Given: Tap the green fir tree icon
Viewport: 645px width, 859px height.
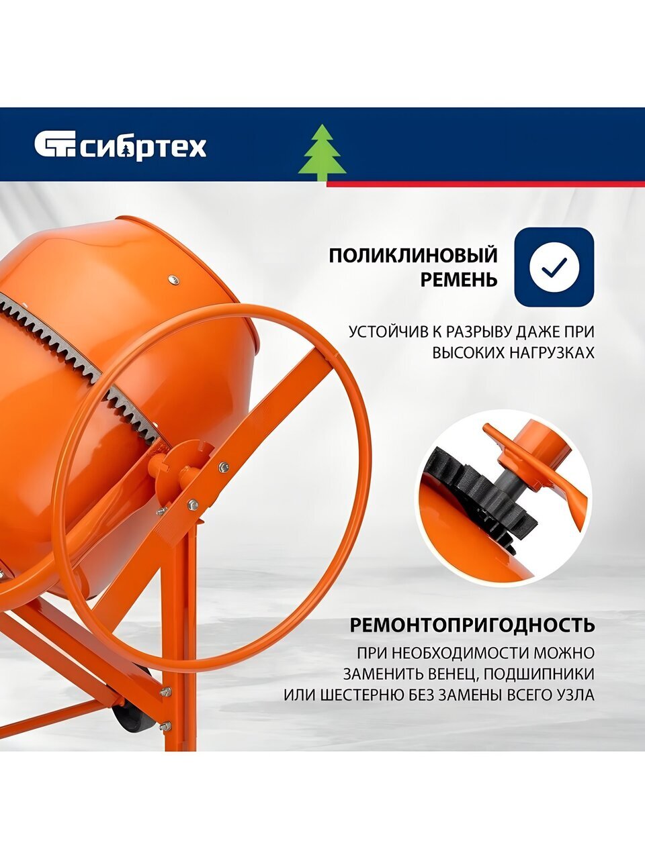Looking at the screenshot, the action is point(322,158).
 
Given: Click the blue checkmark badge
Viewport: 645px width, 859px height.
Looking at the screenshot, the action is point(554,266).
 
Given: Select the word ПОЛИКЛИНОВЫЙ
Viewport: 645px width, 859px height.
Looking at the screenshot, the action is point(413,256).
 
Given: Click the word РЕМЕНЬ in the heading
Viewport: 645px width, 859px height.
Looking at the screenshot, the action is point(459,279).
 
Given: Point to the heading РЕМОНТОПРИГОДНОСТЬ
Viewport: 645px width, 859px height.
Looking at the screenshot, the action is point(472,625).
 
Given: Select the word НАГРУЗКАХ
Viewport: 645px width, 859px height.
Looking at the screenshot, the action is point(552,353).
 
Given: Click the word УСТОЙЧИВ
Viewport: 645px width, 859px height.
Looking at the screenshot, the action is point(388,332).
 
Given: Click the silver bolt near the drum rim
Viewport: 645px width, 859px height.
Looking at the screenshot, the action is point(173,279).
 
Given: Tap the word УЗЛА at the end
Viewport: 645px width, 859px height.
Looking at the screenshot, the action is point(575,695).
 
